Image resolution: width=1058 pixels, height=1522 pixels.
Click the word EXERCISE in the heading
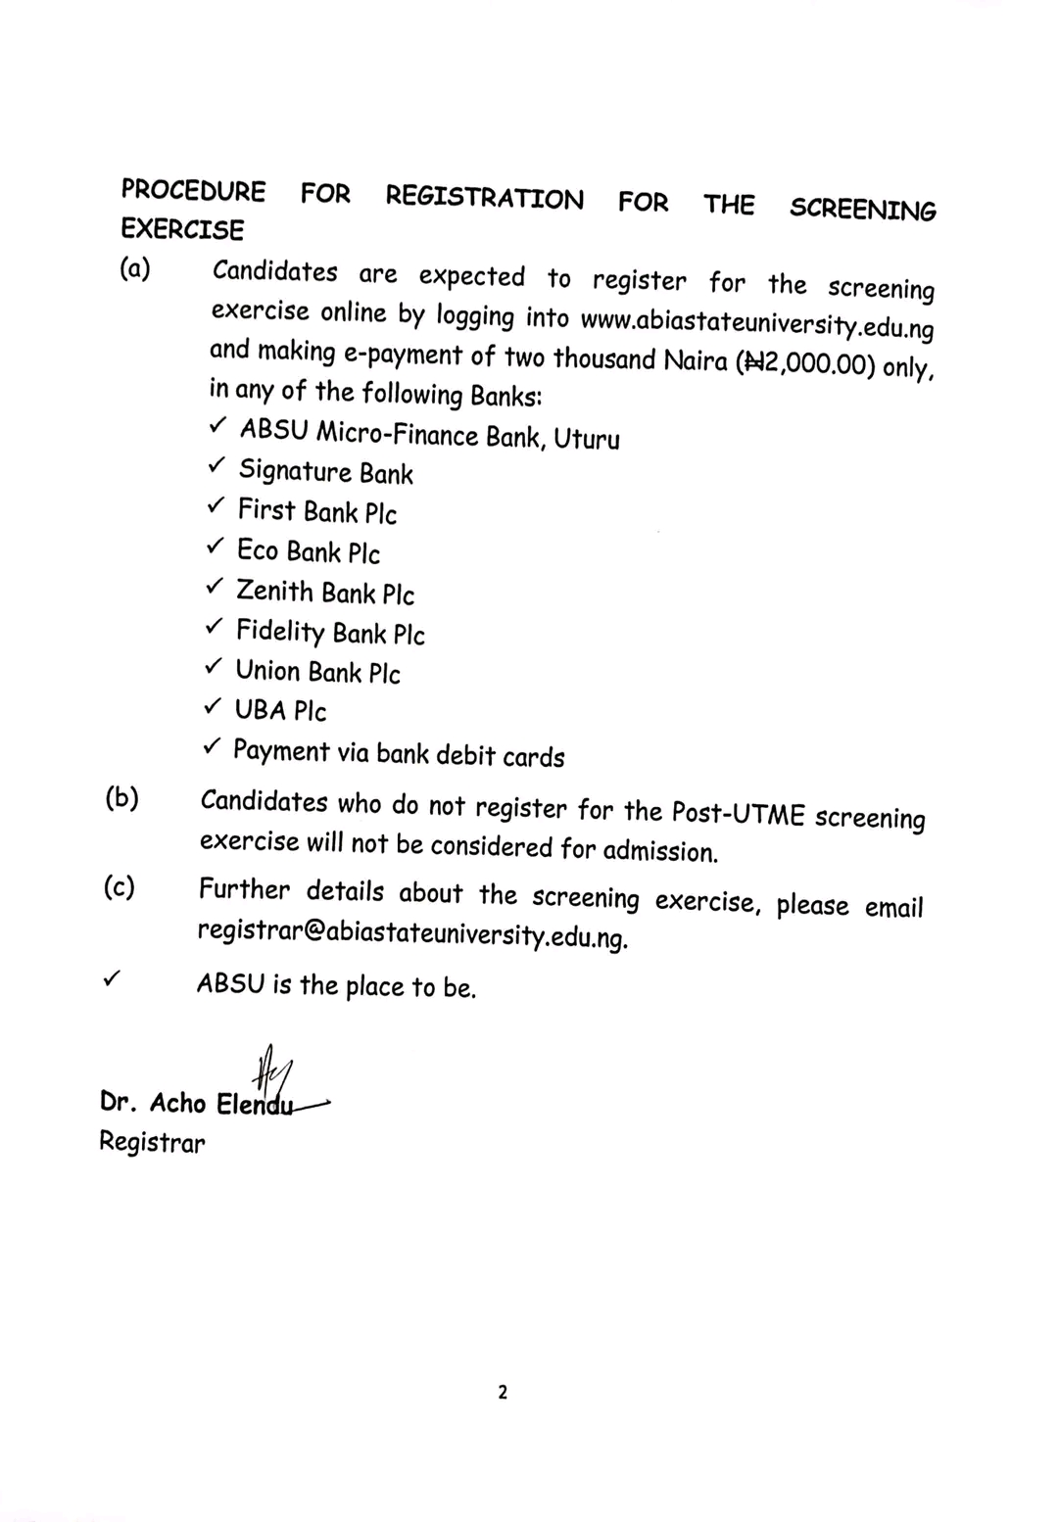click(182, 229)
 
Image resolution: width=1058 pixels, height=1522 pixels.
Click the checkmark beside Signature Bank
click(217, 466)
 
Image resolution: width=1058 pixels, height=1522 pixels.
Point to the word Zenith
click(274, 591)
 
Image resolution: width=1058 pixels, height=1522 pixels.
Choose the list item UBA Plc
click(280, 710)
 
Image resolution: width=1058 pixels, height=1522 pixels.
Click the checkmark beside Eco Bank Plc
click(216, 547)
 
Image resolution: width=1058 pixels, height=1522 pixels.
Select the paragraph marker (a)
click(135, 268)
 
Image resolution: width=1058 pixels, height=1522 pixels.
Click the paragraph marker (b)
click(121, 798)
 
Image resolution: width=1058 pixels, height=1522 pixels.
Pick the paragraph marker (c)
click(119, 887)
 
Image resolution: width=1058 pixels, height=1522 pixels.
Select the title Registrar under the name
click(152, 1142)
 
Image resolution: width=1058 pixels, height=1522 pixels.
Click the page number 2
click(503, 1392)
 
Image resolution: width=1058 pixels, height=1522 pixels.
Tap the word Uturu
click(586, 438)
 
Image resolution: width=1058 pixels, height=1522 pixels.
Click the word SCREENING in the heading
click(862, 210)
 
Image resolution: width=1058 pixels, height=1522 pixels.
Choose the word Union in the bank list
click(267, 670)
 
